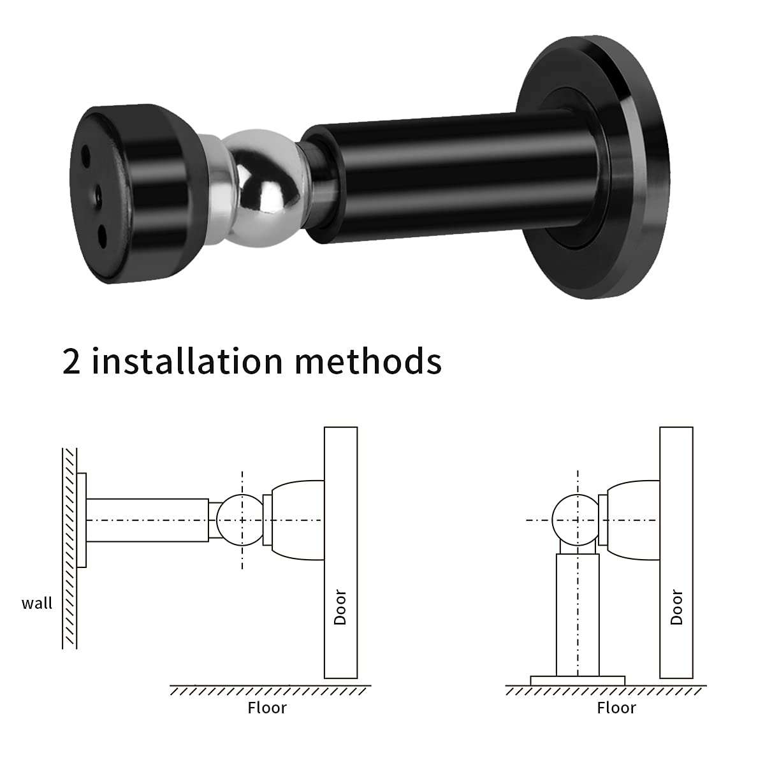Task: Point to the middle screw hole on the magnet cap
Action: click(98, 194)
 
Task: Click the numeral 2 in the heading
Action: click(71, 361)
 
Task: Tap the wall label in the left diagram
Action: click(37, 604)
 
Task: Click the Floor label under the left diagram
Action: click(267, 708)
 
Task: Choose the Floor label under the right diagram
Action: click(616, 708)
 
